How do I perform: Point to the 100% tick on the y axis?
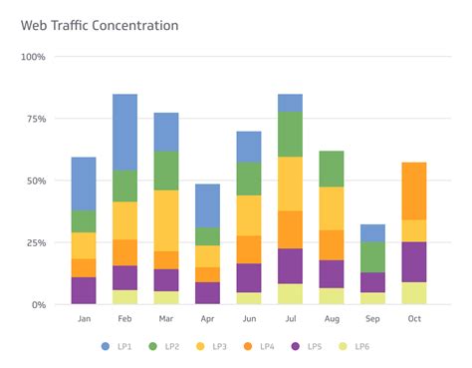pos(33,57)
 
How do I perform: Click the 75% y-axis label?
pos(35,119)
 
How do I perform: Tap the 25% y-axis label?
pos(35,242)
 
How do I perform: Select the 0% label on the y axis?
pos(38,304)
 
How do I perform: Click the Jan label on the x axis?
pos(84,319)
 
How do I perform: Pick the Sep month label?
pos(372,319)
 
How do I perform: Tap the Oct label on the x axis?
pos(413,319)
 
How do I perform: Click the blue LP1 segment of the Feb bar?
pos(125,132)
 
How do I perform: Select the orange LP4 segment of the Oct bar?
pos(413,190)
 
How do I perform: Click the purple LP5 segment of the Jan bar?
pos(84,290)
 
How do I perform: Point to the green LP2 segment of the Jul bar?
pos(290,134)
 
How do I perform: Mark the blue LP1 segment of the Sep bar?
pos(372,232)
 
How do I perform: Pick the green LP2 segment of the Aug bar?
pos(332,169)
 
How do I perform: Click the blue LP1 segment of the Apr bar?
pos(207,205)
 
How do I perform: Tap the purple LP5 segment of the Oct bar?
pos(413,261)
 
